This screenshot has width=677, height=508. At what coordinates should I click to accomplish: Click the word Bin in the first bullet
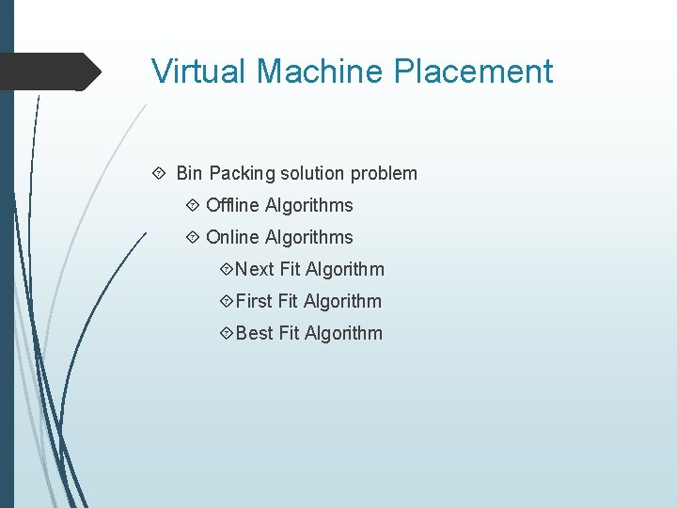(189, 173)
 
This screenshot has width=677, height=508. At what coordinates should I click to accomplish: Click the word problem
(384, 174)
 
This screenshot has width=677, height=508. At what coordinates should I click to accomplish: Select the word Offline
(232, 205)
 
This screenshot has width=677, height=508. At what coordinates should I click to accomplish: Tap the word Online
(232, 237)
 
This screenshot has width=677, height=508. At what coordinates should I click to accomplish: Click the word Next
(255, 269)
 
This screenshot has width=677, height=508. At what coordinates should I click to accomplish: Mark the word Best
(255, 333)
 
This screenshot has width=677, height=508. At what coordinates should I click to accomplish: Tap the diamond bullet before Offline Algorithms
(193, 205)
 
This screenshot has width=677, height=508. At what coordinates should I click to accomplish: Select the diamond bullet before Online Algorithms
(193, 237)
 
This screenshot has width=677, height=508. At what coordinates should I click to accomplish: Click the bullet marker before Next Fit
(226, 269)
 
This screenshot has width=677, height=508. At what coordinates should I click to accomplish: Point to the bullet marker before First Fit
(226, 301)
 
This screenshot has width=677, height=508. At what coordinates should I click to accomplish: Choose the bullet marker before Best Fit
(226, 333)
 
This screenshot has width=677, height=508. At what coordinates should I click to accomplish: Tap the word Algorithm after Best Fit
(343, 333)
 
